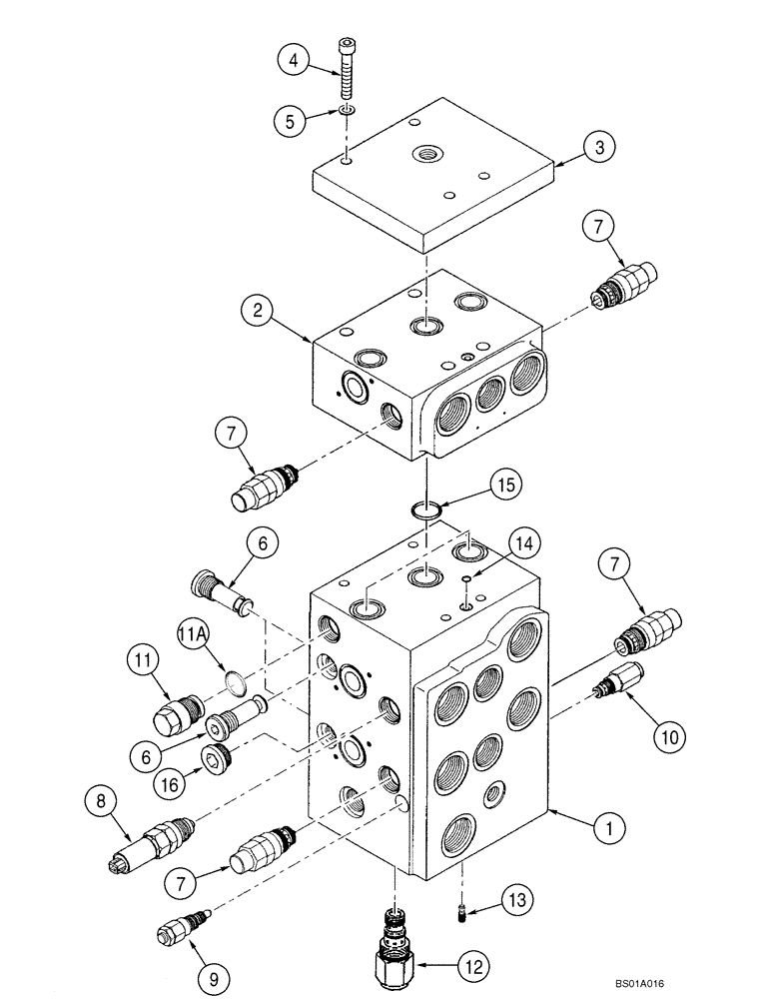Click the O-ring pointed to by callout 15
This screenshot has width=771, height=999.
pyautogui.click(x=426, y=511)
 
